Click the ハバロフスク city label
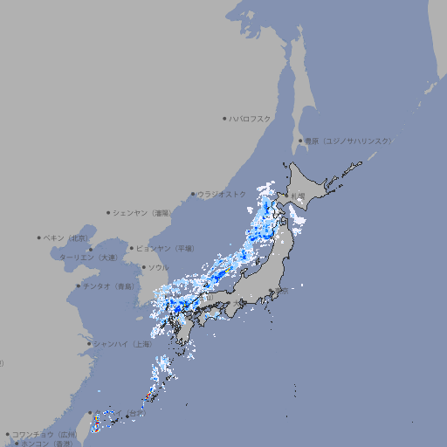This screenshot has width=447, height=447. (x=251, y=118)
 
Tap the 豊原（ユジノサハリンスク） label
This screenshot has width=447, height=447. (x=347, y=141)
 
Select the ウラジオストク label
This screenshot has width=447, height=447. (x=222, y=194)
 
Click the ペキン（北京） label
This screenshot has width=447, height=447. (x=67, y=237)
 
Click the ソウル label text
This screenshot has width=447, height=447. (x=158, y=267)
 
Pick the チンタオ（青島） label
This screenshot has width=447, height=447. (x=108, y=286)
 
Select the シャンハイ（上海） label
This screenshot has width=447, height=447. (x=123, y=344)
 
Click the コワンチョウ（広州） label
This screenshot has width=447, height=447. (x=45, y=434)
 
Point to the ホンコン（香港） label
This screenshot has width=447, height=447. (x=47, y=444)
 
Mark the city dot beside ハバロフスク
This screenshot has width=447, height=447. (x=224, y=118)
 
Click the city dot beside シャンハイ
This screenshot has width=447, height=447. (x=89, y=344)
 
